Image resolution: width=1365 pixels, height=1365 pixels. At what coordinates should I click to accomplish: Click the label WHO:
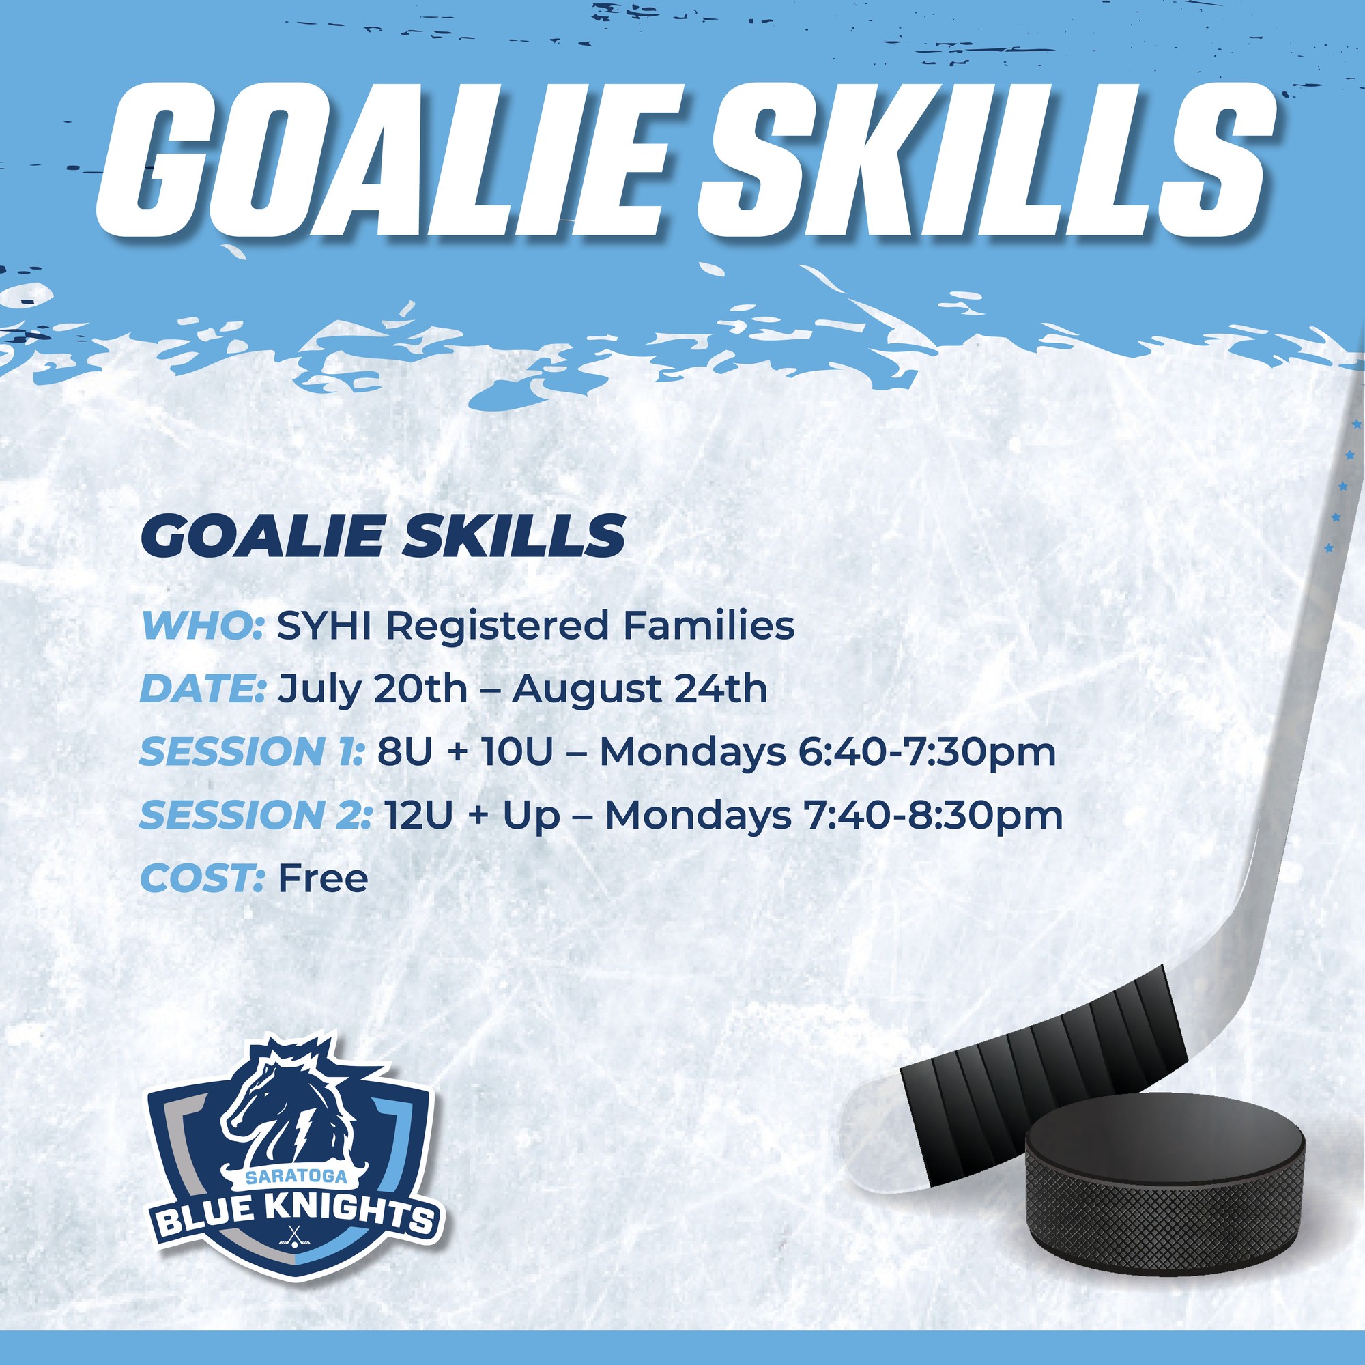(203, 625)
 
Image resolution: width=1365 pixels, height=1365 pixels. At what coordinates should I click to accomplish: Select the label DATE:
(203, 689)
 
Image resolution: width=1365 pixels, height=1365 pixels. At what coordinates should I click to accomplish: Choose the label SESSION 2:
(255, 816)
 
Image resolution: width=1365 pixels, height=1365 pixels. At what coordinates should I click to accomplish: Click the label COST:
(203, 878)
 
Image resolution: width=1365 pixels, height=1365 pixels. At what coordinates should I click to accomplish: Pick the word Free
(323, 878)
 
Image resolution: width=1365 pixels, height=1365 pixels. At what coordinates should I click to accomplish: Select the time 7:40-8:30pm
(933, 817)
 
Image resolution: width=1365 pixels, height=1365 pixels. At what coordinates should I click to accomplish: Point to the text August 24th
(640, 690)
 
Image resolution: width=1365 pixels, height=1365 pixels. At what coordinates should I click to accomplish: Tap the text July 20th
(373, 690)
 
